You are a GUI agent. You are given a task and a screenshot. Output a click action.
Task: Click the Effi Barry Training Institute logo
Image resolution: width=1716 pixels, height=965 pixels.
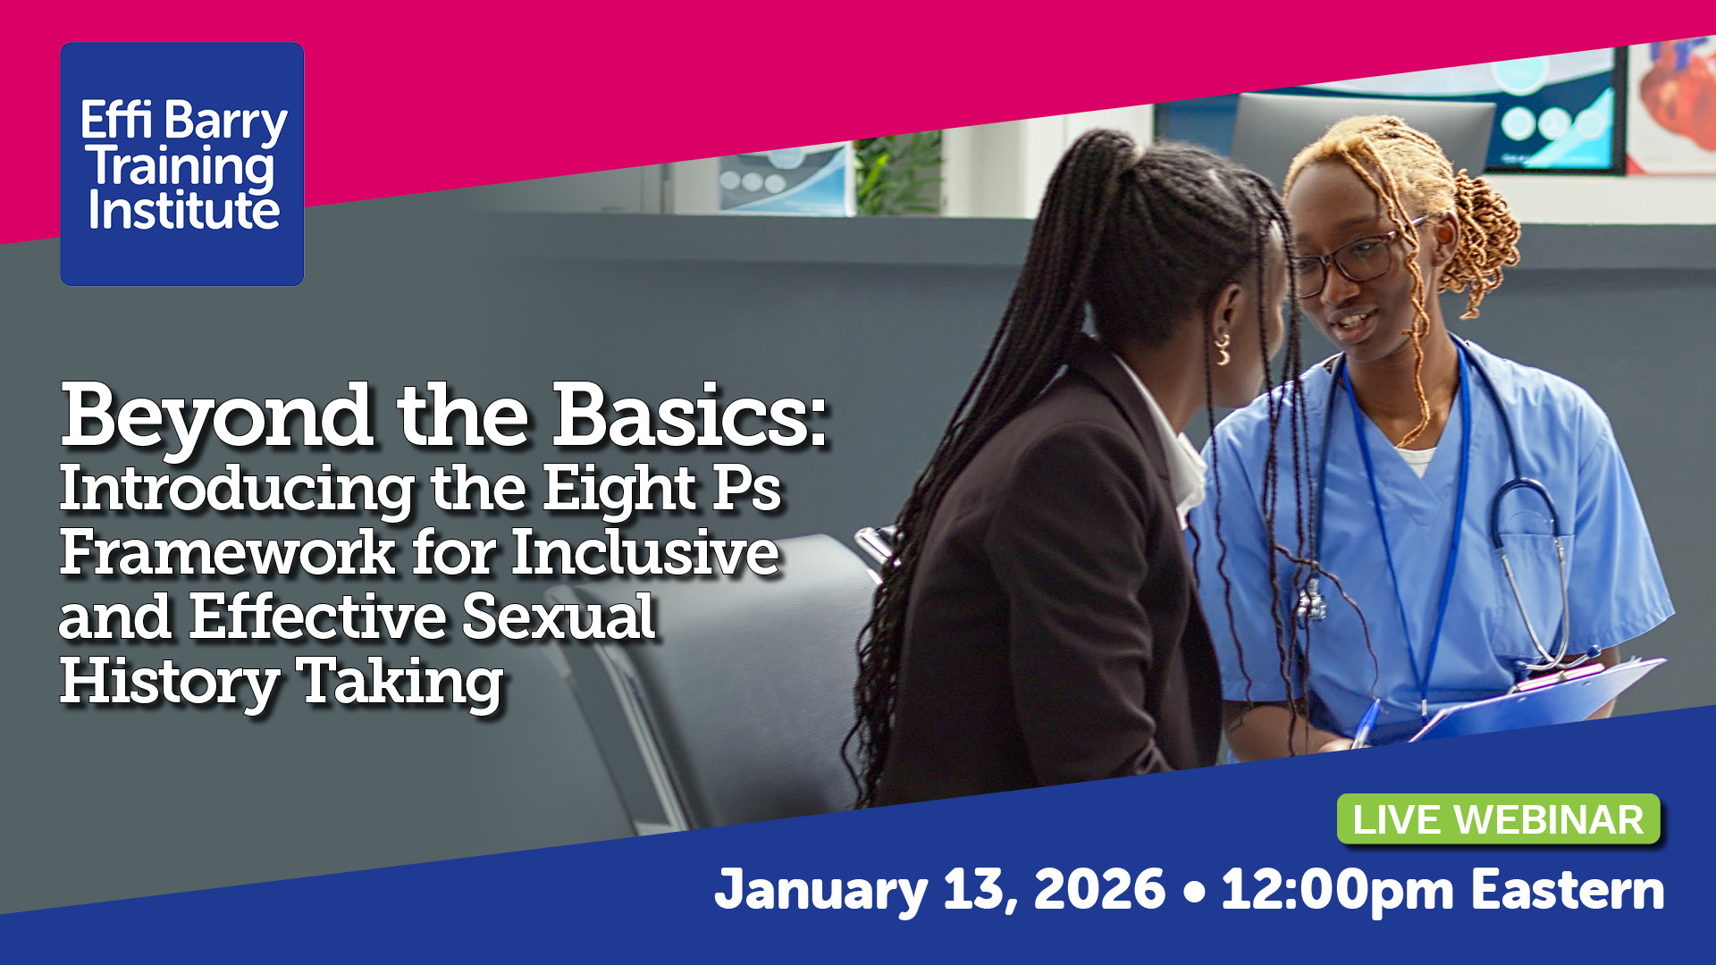[x=182, y=164]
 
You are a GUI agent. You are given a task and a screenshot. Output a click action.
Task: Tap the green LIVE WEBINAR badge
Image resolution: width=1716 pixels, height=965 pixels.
[x=1498, y=819]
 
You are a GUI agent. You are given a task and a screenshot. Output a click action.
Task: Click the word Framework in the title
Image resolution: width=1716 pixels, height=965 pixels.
[x=228, y=553]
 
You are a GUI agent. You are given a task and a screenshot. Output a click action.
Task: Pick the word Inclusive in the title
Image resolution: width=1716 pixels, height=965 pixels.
[x=644, y=553]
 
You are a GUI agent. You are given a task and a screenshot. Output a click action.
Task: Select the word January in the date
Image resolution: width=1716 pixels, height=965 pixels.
[x=821, y=891]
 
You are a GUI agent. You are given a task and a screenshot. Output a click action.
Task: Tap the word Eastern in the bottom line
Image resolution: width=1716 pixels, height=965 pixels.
[x=1568, y=890]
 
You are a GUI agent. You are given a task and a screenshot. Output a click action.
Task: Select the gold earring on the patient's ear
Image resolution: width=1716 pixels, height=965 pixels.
[x=1223, y=349]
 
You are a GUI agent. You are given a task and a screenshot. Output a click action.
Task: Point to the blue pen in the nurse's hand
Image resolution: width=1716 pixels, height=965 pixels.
[x=1365, y=725]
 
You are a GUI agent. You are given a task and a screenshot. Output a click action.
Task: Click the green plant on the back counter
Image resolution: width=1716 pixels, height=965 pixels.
[x=898, y=174]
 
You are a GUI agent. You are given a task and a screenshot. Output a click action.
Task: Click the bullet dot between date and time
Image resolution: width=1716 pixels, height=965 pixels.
[x=1193, y=893]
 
